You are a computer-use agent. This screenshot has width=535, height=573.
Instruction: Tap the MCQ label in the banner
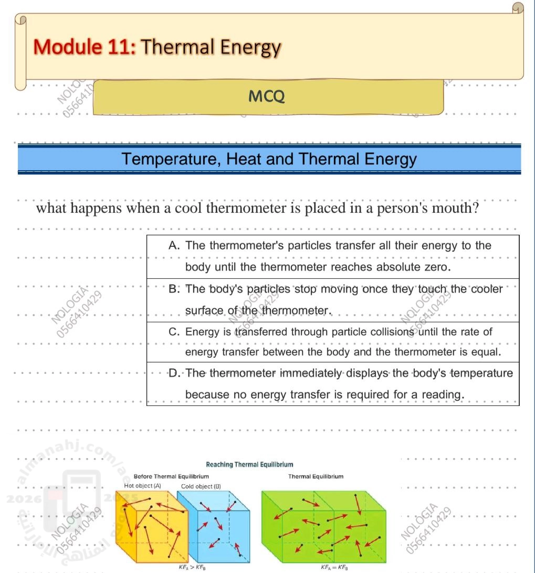click(x=267, y=97)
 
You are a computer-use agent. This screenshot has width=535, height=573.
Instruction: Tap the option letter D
click(x=175, y=373)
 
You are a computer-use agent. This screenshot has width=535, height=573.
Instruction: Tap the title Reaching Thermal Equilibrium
click(x=249, y=464)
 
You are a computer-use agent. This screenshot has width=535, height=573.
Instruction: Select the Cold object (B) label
click(x=201, y=486)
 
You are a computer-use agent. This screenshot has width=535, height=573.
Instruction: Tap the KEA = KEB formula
click(x=334, y=567)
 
